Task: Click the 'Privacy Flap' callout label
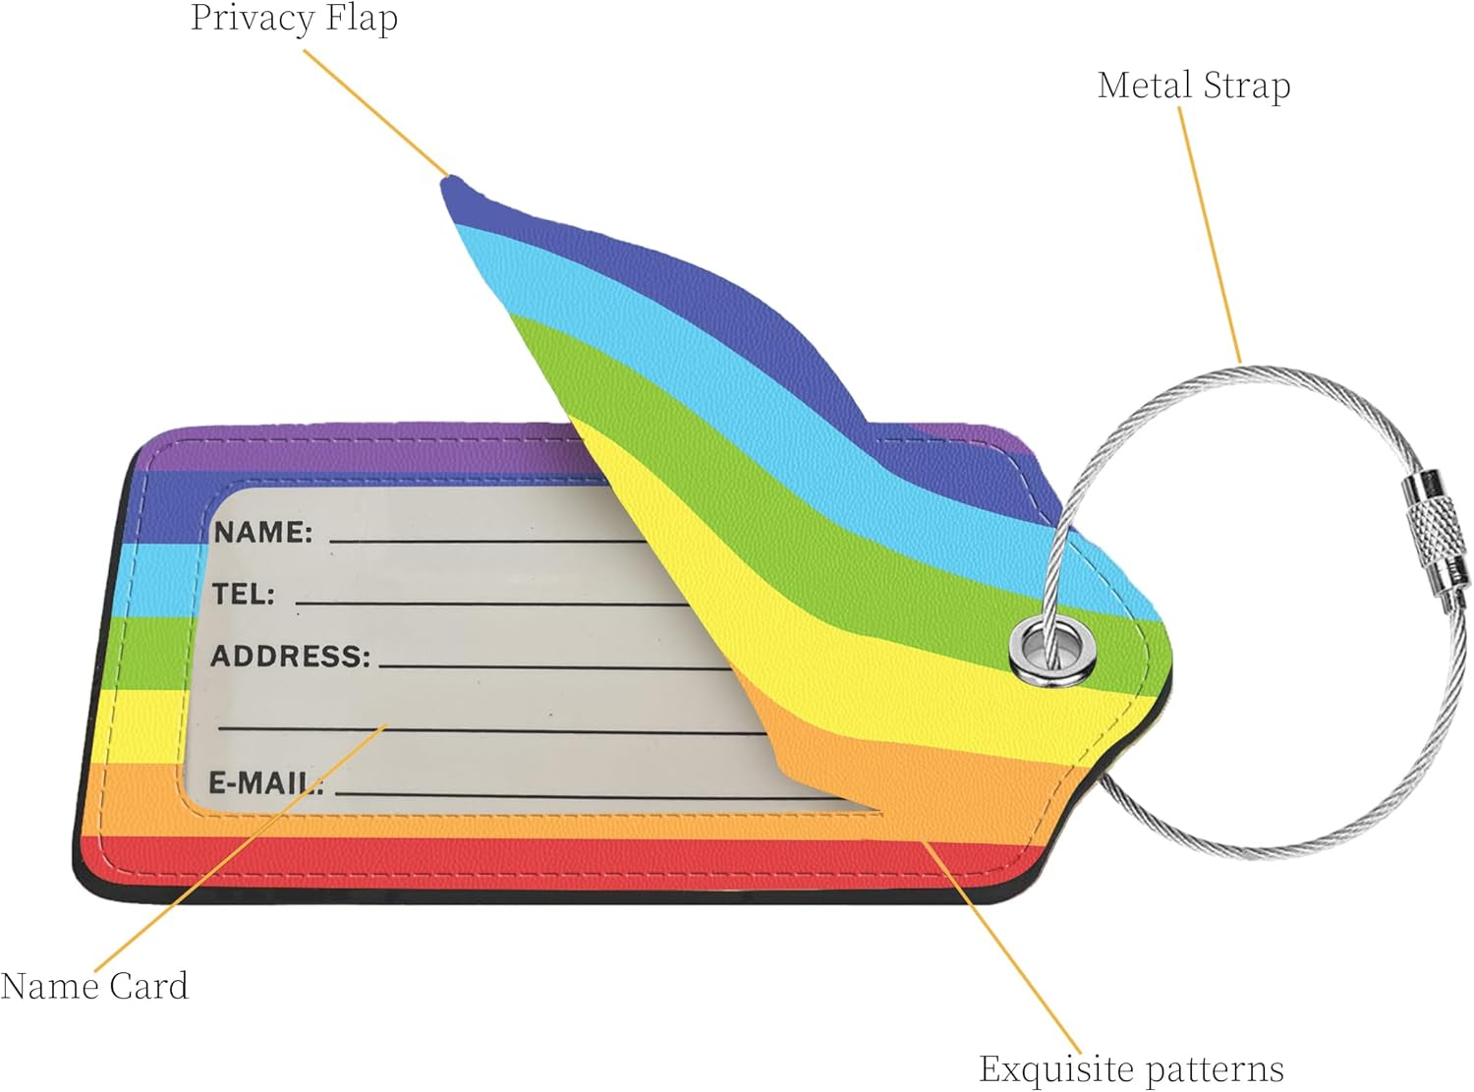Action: click(294, 19)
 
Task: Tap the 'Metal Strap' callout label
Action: click(1193, 86)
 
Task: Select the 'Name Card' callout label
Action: click(94, 986)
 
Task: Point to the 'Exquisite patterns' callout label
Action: click(1131, 1068)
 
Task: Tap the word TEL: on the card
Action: click(244, 594)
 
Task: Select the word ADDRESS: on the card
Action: click(291, 656)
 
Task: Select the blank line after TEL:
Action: click(491, 602)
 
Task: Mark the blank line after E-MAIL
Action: click(590, 794)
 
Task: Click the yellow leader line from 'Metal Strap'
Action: click(1210, 236)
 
